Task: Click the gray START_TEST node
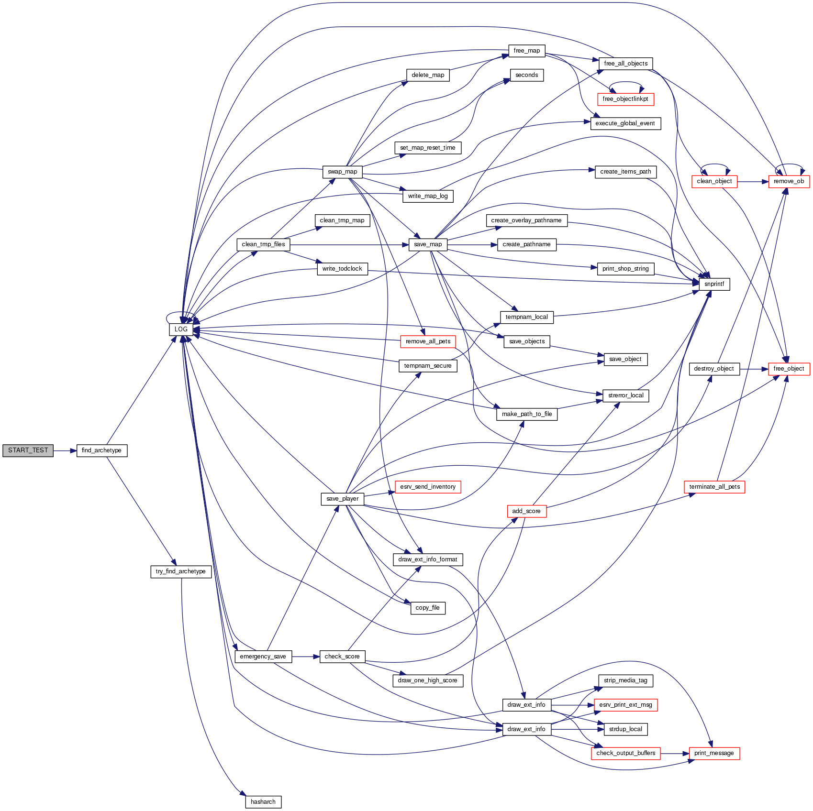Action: point(28,450)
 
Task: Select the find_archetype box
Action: point(101,450)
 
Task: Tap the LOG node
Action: point(181,329)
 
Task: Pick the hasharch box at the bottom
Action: point(263,802)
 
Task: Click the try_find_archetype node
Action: point(180,571)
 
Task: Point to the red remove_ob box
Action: point(789,182)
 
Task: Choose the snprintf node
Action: point(714,284)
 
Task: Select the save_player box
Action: point(342,499)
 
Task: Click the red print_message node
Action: point(714,753)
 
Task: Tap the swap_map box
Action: point(342,172)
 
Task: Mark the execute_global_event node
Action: point(625,123)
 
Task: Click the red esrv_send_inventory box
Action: point(428,487)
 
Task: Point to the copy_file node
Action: point(427,608)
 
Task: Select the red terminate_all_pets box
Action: point(714,487)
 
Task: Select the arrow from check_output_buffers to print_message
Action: point(675,754)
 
